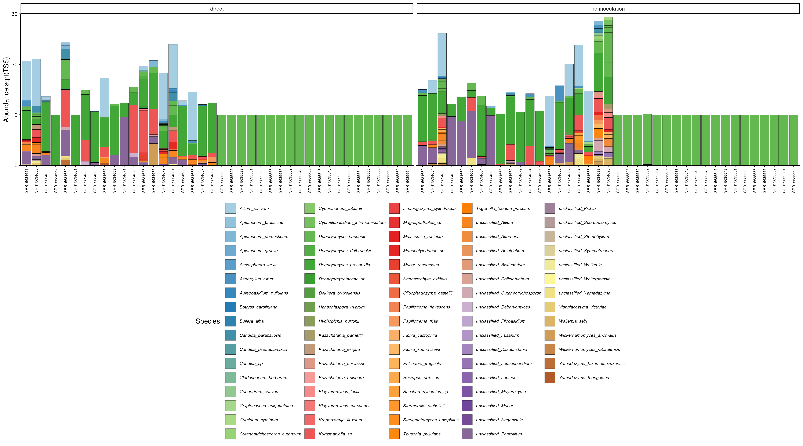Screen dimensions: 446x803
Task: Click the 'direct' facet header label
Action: click(217, 9)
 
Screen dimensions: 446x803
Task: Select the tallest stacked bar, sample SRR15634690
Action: click(608, 94)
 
